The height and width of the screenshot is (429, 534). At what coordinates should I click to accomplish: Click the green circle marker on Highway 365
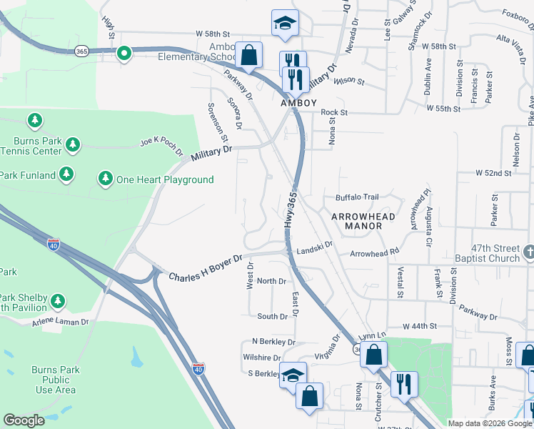(x=124, y=52)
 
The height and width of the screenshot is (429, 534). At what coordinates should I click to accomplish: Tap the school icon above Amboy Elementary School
(x=285, y=23)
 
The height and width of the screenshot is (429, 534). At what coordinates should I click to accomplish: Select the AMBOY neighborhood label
(x=298, y=103)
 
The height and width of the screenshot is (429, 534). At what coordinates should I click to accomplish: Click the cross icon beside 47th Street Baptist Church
(x=528, y=251)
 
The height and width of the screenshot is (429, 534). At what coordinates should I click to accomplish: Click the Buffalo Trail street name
(x=358, y=197)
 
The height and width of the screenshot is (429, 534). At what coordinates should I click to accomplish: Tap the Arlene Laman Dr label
(x=60, y=322)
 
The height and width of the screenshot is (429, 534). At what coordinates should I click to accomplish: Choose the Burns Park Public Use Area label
(x=55, y=380)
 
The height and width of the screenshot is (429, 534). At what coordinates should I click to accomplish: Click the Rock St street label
(x=333, y=112)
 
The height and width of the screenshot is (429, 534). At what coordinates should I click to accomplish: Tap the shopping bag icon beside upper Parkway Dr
(x=249, y=54)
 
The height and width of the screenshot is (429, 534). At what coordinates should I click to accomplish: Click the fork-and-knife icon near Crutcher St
(x=403, y=384)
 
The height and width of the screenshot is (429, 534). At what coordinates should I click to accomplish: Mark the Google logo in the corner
(x=24, y=420)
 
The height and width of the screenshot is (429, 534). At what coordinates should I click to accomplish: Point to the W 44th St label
(x=418, y=326)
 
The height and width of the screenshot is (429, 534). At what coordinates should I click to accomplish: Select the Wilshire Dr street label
(x=261, y=357)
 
